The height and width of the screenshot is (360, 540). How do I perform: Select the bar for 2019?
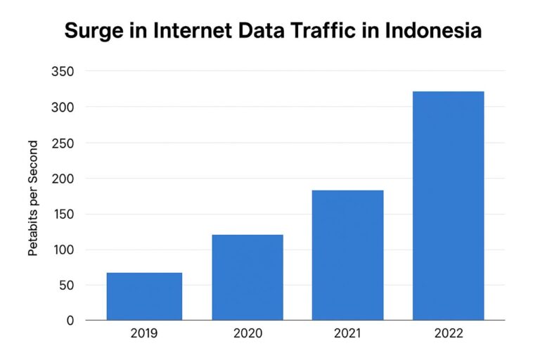(144, 296)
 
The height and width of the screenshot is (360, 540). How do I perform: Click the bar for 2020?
(247, 277)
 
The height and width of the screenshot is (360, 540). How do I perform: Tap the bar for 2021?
(348, 255)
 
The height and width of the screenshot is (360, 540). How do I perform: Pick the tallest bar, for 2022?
(449, 205)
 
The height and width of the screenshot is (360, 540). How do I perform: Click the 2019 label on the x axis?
(144, 333)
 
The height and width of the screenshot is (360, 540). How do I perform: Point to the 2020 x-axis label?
(247, 333)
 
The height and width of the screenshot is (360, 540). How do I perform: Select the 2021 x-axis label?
(348, 333)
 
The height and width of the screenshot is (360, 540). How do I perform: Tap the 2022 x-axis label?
(449, 333)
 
